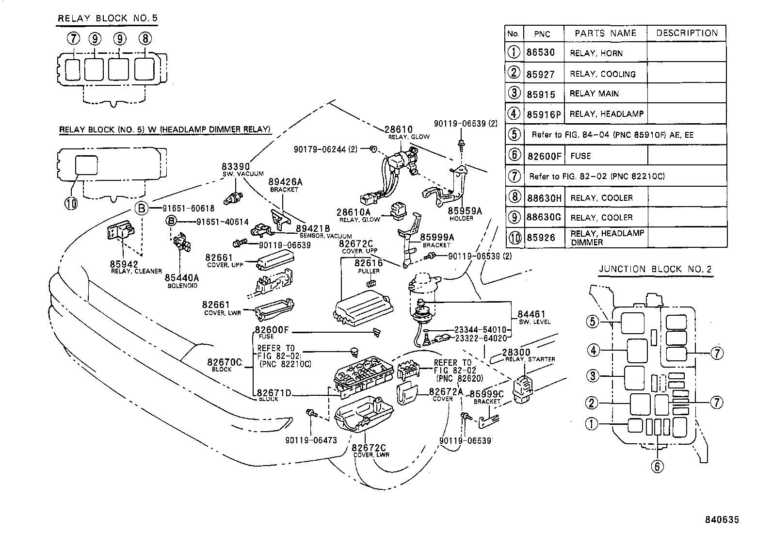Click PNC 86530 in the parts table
[540, 52]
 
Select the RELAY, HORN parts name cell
[595, 53]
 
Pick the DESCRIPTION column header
[686, 33]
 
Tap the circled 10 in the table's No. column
[514, 238]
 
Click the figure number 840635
[722, 520]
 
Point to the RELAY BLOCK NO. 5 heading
[108, 19]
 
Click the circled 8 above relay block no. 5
[145, 39]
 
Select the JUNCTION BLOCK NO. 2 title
[655, 269]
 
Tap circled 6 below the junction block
[657, 466]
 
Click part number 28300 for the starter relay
[516, 352]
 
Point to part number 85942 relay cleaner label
[124, 264]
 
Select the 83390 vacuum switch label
[236, 167]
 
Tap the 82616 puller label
[369, 263]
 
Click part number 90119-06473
[311, 440]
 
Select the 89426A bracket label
[286, 182]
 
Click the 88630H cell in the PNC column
[544, 197]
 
